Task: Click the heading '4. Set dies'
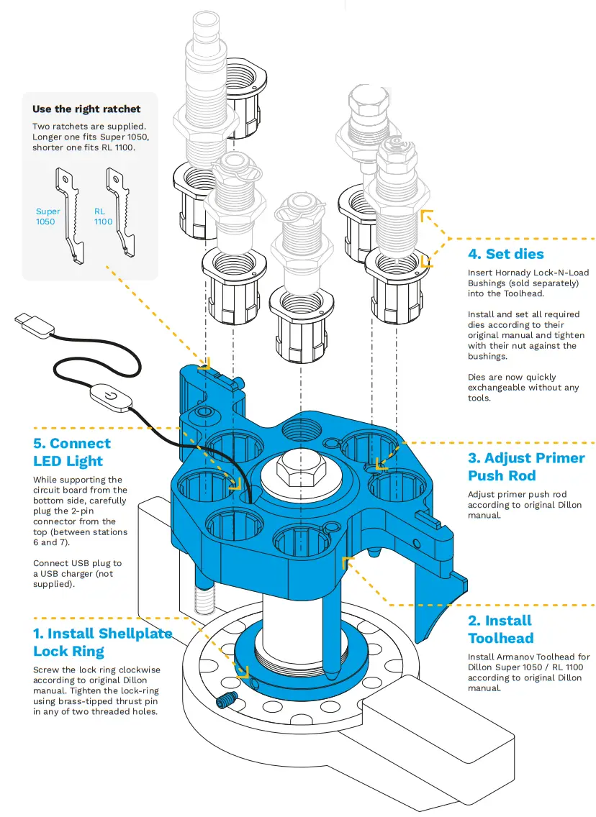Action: (x=505, y=254)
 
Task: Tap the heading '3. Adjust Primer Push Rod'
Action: (x=525, y=467)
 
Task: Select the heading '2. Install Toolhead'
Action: (x=500, y=629)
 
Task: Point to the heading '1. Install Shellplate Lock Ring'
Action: (x=102, y=642)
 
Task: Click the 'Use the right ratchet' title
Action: (x=86, y=109)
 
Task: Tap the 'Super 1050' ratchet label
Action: (x=48, y=216)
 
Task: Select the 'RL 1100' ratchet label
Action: (x=104, y=216)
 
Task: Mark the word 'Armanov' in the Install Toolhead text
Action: (x=519, y=657)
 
